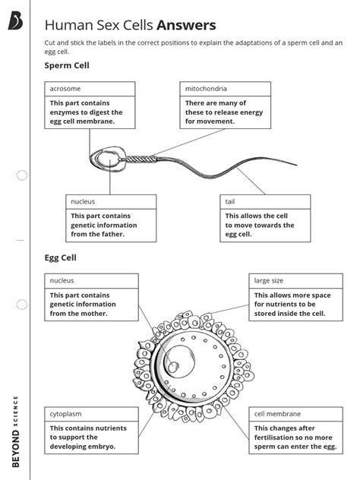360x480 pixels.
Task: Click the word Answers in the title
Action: point(186,26)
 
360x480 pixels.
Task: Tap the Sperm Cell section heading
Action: point(68,66)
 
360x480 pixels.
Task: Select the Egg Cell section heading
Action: point(61,257)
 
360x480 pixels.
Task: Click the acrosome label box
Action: point(90,89)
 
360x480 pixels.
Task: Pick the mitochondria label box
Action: point(225,89)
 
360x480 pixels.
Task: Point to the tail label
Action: point(265,202)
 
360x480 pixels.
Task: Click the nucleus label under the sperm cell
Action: point(111,202)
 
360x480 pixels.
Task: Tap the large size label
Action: point(295,281)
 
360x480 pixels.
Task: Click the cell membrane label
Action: point(295,414)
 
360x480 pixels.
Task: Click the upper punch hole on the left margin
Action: point(22,175)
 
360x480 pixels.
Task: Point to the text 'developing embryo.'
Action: point(83,447)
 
